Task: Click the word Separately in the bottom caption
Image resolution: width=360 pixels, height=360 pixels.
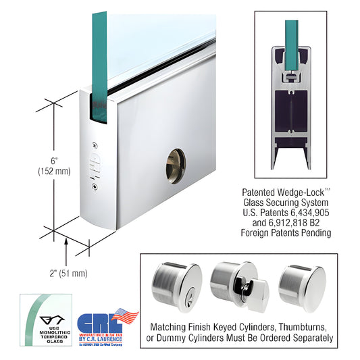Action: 308,337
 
